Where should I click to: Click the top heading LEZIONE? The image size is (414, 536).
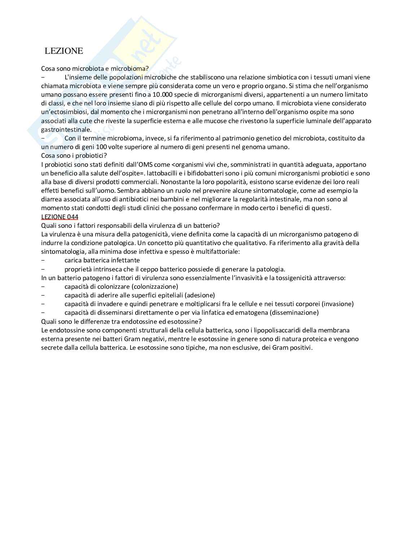coord(64,51)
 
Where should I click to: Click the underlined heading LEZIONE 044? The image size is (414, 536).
coord(60,217)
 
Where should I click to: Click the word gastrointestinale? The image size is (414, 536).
coord(66,130)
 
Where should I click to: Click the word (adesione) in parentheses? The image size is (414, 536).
coord(199,295)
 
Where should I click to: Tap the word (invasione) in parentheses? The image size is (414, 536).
coord(338,304)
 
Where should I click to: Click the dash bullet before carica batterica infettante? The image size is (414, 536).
coord(43,260)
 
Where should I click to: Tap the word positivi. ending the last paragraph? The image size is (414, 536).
coord(300,348)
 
